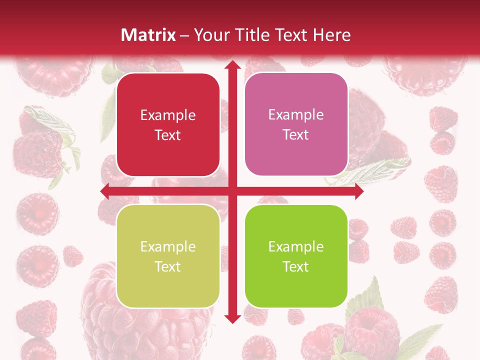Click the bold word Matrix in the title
148,35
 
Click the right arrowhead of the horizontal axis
358,191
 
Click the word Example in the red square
168,115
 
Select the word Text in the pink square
296,134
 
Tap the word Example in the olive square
168,247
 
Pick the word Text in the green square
296,266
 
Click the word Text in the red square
168,135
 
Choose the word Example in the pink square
296,115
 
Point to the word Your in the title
210,35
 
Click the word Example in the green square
296,247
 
